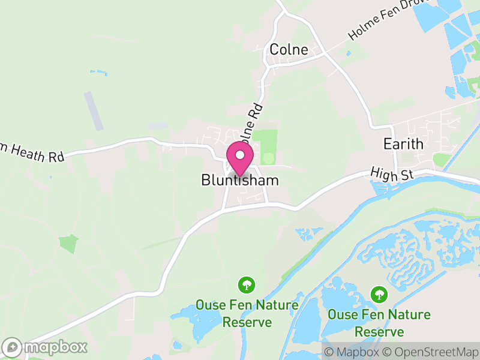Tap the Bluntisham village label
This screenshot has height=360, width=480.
click(x=240, y=181)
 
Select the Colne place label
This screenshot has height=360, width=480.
click(x=289, y=50)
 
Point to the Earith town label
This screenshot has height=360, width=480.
click(x=403, y=145)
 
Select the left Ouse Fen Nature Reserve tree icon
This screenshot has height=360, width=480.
click(x=245, y=284)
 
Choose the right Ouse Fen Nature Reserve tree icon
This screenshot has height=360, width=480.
click(x=378, y=293)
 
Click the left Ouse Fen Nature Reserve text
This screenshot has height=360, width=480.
click(x=247, y=313)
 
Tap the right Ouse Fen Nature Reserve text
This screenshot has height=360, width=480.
click(x=379, y=323)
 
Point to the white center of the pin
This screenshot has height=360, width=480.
click(x=240, y=155)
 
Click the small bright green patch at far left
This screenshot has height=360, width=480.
click(x=68, y=244)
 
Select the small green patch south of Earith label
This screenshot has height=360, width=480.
click(x=442, y=160)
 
